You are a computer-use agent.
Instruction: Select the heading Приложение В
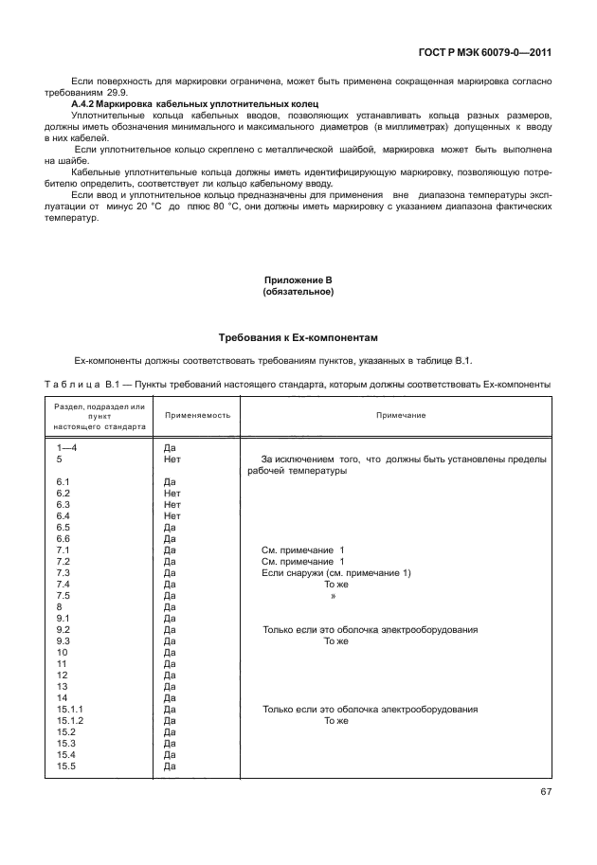(x=298, y=280)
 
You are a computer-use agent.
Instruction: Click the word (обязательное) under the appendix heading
(x=298, y=292)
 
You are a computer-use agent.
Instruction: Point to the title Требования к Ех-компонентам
(x=298, y=337)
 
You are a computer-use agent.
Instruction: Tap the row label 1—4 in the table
(x=69, y=448)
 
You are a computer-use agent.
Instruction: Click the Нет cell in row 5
(x=172, y=460)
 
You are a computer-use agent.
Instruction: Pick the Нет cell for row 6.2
(x=172, y=494)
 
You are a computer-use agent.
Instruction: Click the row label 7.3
(x=64, y=573)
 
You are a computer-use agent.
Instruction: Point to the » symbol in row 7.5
(x=333, y=596)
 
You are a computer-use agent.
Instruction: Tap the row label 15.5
(x=65, y=766)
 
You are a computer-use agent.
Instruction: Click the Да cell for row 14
(x=170, y=698)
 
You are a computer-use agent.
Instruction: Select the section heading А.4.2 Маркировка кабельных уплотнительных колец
(x=194, y=102)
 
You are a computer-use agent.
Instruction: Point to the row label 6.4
(x=64, y=516)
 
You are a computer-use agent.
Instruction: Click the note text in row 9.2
(x=370, y=630)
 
